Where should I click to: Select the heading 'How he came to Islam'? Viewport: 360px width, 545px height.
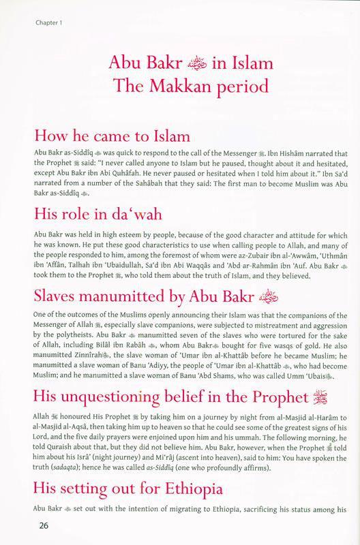111,134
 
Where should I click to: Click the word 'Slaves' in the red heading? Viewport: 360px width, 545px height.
54,278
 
